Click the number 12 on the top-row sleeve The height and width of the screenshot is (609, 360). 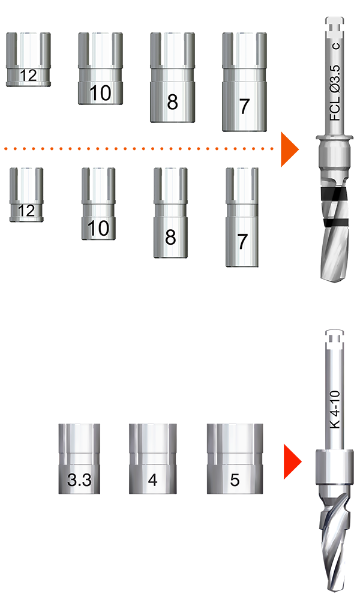[28, 75]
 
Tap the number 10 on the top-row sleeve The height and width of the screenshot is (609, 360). [100, 93]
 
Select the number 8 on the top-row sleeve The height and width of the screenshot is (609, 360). [172, 102]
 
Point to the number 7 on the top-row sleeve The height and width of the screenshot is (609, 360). [244, 106]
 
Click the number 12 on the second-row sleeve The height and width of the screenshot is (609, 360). [26, 211]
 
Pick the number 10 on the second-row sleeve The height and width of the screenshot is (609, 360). [98, 229]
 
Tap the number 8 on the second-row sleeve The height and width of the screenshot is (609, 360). [170, 238]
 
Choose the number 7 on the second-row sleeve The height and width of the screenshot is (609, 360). [242, 242]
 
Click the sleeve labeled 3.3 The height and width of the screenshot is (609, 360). [79, 458]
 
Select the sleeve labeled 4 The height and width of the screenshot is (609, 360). [152, 458]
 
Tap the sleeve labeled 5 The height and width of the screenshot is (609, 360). [235, 458]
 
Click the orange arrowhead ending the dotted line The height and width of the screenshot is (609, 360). [289, 149]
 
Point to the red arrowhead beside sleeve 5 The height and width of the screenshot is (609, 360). [292, 461]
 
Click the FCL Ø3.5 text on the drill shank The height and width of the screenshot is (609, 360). [335, 92]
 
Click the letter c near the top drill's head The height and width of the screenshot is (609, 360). [335, 46]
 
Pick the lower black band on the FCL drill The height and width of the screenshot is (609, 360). [336, 223]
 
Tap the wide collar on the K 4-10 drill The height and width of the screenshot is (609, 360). [334, 467]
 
